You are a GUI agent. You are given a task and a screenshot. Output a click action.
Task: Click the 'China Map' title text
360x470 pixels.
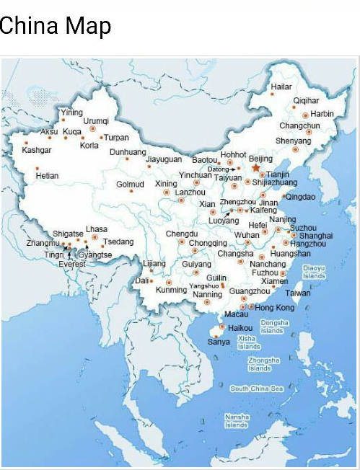(x=56, y=27)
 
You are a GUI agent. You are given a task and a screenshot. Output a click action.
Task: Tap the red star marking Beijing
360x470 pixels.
(x=255, y=167)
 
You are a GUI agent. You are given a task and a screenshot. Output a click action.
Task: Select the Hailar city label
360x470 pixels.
(x=281, y=87)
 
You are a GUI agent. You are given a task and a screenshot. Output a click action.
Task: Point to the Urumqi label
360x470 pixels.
(x=96, y=121)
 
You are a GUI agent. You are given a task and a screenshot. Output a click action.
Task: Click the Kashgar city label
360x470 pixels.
(x=37, y=150)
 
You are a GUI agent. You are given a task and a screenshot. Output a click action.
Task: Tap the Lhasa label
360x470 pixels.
(x=97, y=229)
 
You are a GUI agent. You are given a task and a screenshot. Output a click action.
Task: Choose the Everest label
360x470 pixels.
(x=72, y=264)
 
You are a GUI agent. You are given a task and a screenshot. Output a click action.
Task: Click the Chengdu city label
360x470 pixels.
(x=182, y=234)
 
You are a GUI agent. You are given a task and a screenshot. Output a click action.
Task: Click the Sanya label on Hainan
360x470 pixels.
(x=219, y=341)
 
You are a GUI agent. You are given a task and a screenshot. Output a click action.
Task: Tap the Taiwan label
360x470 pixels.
(x=298, y=293)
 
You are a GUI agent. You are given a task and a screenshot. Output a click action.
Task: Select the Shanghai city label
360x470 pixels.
(x=316, y=236)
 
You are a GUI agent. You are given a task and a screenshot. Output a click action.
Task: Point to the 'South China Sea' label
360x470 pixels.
(x=257, y=389)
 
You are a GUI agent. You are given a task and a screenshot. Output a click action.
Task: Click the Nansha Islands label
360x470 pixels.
(x=237, y=421)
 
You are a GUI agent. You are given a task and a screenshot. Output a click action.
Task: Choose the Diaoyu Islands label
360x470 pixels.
(x=314, y=272)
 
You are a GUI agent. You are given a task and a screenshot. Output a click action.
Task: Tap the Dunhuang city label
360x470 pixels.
(x=128, y=152)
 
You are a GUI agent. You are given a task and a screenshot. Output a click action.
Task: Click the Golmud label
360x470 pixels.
(x=131, y=184)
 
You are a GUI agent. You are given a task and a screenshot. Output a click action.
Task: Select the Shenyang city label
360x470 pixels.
(x=294, y=141)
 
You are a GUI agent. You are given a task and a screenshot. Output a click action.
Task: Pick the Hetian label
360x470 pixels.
(x=47, y=175)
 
